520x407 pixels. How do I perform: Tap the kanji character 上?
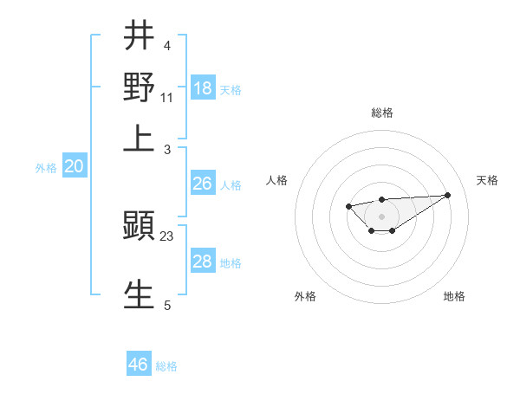(x=140, y=139)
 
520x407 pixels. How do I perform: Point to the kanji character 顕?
(x=140, y=227)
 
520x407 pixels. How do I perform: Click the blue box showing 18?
(x=203, y=87)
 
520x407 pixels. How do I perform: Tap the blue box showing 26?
(x=203, y=184)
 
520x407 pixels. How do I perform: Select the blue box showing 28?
(x=203, y=262)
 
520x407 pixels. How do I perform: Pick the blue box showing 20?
(x=74, y=167)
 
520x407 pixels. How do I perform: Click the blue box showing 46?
(x=139, y=365)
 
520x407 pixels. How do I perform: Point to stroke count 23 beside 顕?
(x=167, y=236)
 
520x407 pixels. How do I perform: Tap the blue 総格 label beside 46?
(x=166, y=366)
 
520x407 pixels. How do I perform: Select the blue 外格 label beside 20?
(x=46, y=168)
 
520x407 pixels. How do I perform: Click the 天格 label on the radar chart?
(x=487, y=180)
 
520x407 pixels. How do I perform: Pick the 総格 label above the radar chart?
(x=382, y=113)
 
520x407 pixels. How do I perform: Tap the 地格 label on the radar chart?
(x=454, y=296)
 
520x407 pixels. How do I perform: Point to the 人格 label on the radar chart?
(x=277, y=180)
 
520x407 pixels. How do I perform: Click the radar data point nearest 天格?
(x=447, y=195)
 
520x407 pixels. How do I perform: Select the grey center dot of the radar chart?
(x=382, y=216)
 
